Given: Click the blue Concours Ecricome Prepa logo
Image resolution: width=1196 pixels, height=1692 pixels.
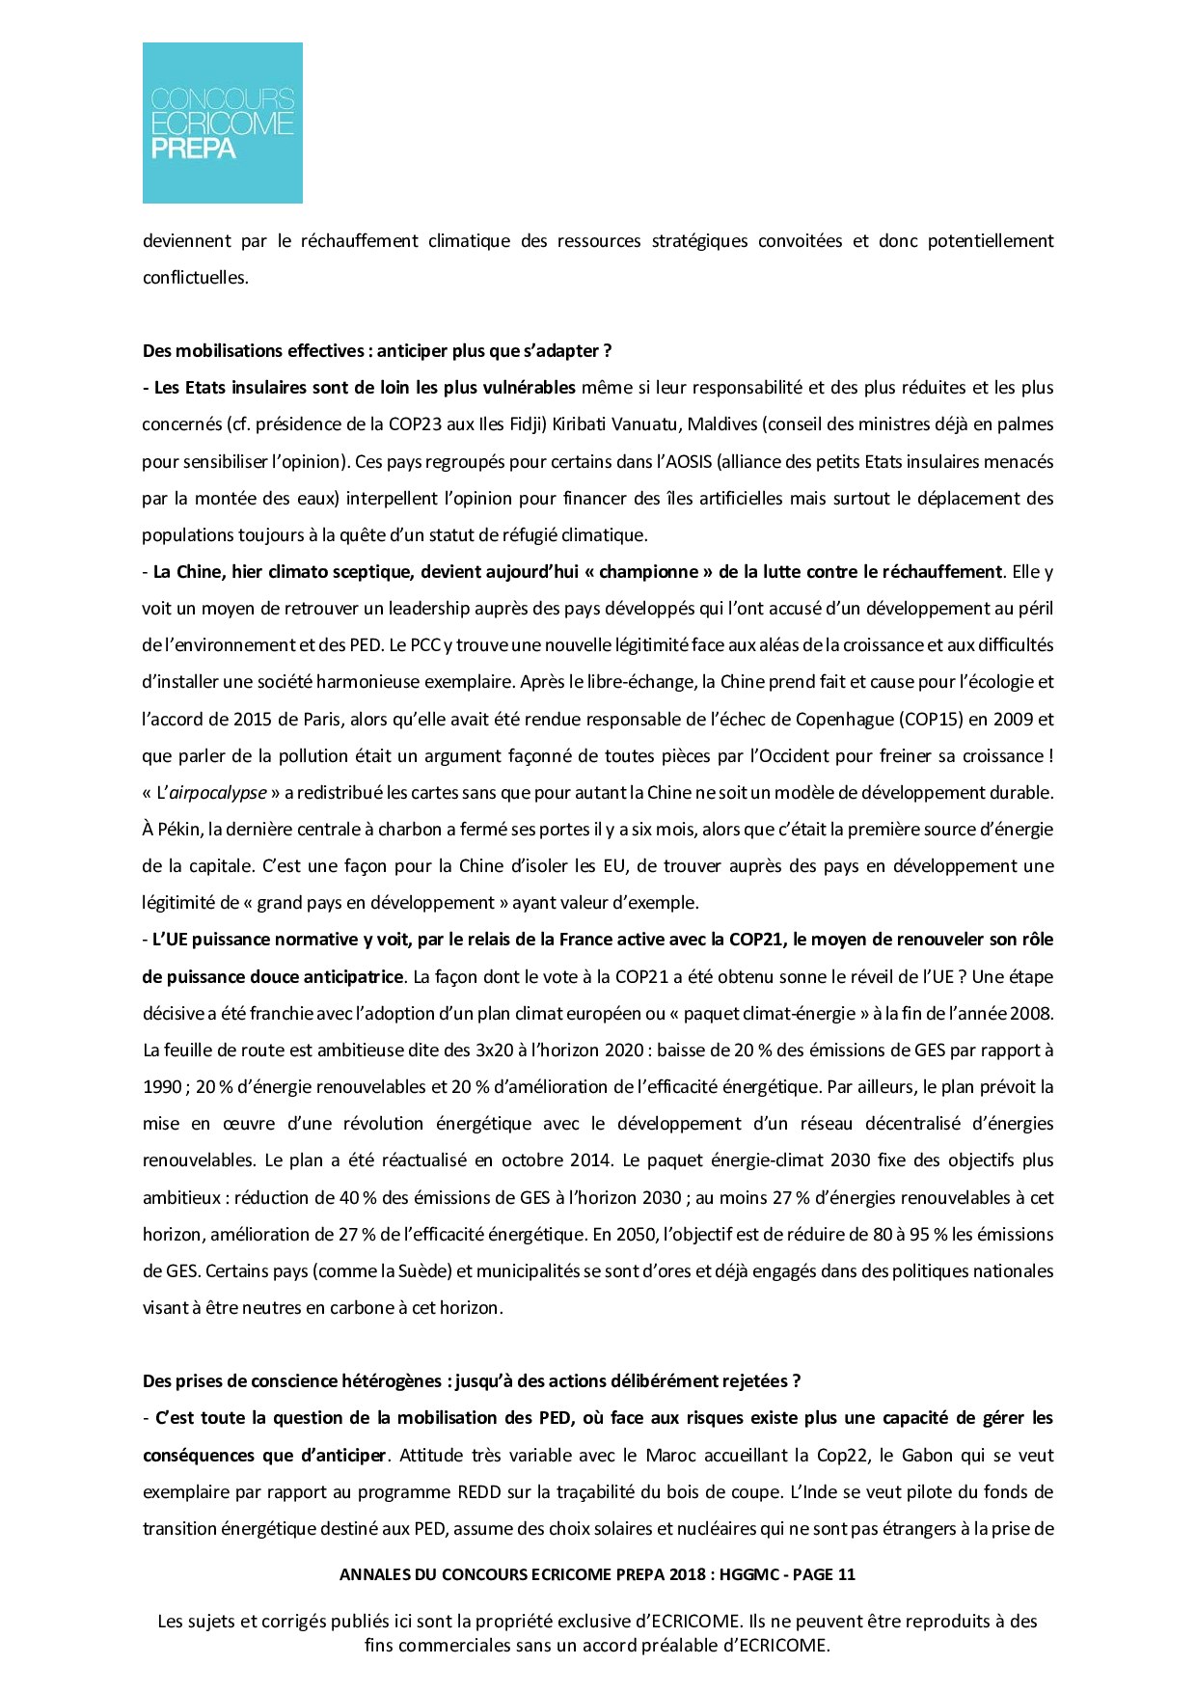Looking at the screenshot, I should (x=222, y=123).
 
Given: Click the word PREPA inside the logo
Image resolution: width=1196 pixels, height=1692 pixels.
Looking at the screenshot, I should (x=193, y=149).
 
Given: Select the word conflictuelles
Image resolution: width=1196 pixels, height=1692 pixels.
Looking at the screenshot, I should (x=195, y=278).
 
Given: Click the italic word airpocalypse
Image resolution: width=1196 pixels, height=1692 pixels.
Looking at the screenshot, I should (x=218, y=793).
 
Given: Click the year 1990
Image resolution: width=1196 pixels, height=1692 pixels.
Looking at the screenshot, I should (x=162, y=1087).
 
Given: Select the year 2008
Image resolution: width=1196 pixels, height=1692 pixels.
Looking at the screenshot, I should (x=1031, y=1014).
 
